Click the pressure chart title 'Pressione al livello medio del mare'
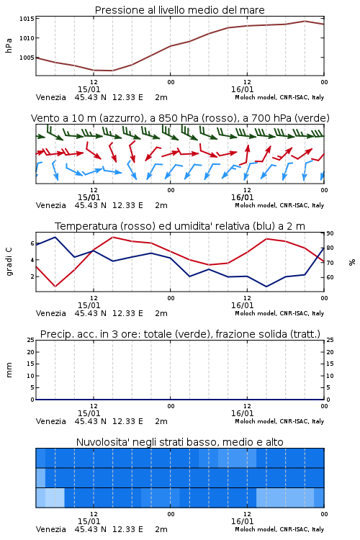click(179, 10)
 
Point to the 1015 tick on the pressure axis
click(27, 19)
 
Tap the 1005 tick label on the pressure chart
click(27, 58)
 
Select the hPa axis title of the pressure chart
click(9, 45)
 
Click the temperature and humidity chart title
click(180, 226)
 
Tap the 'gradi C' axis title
click(9, 261)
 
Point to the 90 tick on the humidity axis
click(330, 233)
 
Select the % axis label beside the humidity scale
click(352, 262)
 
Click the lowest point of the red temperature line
click(55, 286)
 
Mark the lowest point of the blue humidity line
click(266, 286)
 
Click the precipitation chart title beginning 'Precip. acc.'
click(180, 334)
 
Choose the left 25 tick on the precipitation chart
click(31, 340)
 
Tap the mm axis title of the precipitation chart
click(9, 370)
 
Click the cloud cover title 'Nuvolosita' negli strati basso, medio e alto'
click(179, 442)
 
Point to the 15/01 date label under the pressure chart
click(89, 89)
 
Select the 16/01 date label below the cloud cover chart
click(242, 521)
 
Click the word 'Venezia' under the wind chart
click(50, 205)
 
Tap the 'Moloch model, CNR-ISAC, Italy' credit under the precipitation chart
click(279, 421)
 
